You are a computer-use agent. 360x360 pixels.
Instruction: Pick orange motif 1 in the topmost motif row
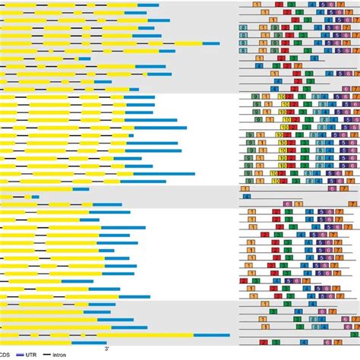tap(257, 5)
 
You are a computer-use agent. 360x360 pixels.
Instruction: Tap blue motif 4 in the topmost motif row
tap(312, 5)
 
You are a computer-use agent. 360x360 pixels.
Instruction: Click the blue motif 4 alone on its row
tap(246, 197)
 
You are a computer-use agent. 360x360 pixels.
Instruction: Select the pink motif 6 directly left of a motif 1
tap(287, 204)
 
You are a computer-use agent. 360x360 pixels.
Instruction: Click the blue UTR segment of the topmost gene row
tap(148, 5)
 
